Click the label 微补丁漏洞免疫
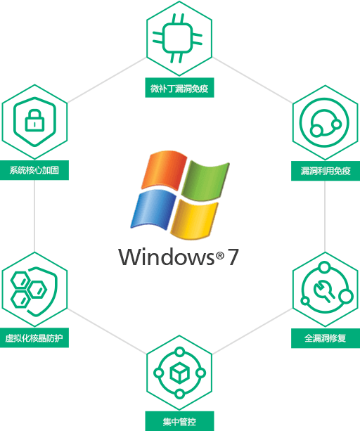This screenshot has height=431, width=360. coord(179,89)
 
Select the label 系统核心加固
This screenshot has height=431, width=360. coord(34,170)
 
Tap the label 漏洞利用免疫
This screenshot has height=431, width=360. coord(326,171)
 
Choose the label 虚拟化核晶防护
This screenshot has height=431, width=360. coord(34,337)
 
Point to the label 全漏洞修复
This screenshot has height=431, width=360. coord(326,338)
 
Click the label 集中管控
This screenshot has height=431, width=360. coord(179,421)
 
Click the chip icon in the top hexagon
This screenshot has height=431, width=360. coord(177,38)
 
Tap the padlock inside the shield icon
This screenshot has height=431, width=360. coord(34,120)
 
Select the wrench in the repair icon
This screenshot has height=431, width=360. coord(323,291)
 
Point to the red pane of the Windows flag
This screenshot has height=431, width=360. coord(165,169)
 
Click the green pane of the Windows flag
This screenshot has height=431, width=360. coord(205,181)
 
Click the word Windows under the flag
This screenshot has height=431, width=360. coord(166,257)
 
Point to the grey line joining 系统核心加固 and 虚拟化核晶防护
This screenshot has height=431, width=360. coord(34,216)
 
